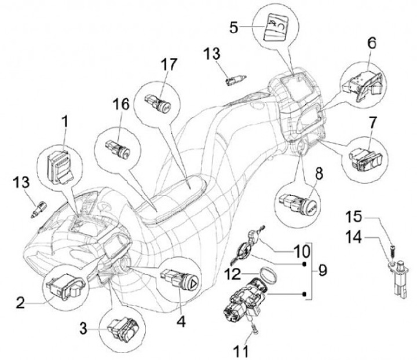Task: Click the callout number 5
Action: pos(234,27)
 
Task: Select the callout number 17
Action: pos(169,65)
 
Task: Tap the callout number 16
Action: pos(122,104)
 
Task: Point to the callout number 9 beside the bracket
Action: pos(322,271)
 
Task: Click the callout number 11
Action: pos(241,351)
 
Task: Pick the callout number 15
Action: pos(354,216)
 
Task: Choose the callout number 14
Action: pos(354,237)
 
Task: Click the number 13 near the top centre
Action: pos(212,54)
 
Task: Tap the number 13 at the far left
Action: pos(22,183)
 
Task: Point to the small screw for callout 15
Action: pos(392,251)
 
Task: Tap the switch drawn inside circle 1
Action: pos(60,167)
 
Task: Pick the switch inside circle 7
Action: pos(365,159)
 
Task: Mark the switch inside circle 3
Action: pos(123,328)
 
